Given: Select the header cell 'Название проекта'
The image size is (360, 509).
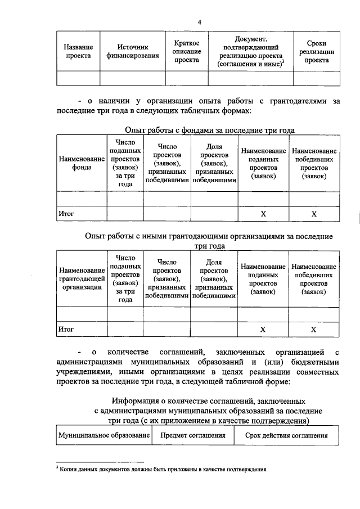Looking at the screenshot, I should [78, 52].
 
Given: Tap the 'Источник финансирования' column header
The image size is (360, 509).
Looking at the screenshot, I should [132, 52].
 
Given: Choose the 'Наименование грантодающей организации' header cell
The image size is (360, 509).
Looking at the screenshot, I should [82, 278].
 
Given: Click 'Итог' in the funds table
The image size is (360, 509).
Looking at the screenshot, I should [66, 214].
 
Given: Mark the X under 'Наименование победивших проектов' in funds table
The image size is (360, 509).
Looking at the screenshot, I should [314, 214].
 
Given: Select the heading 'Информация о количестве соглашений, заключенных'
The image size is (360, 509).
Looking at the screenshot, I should [209, 400].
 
